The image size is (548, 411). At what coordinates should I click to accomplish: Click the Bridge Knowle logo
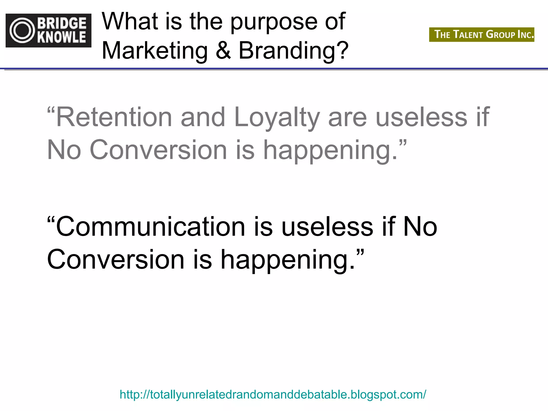[48, 31]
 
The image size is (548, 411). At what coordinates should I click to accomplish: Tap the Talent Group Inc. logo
[481, 35]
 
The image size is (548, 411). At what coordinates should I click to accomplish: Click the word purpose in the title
[274, 22]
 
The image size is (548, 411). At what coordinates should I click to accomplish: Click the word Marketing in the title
[155, 51]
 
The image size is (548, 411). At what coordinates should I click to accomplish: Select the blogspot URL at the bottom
[273, 394]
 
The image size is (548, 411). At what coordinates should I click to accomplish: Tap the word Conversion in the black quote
[116, 260]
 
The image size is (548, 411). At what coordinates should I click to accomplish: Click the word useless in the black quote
[327, 227]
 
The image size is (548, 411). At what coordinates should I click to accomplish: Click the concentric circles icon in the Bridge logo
[22, 31]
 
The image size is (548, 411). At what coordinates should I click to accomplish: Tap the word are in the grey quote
[347, 118]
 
